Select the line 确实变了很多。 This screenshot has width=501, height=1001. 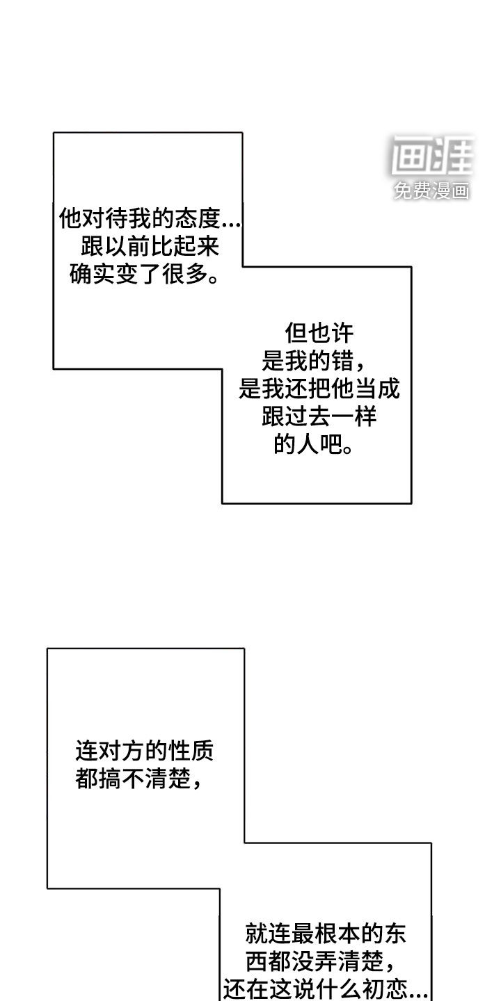(x=144, y=275)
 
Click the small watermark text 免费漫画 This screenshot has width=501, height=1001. (x=431, y=190)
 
